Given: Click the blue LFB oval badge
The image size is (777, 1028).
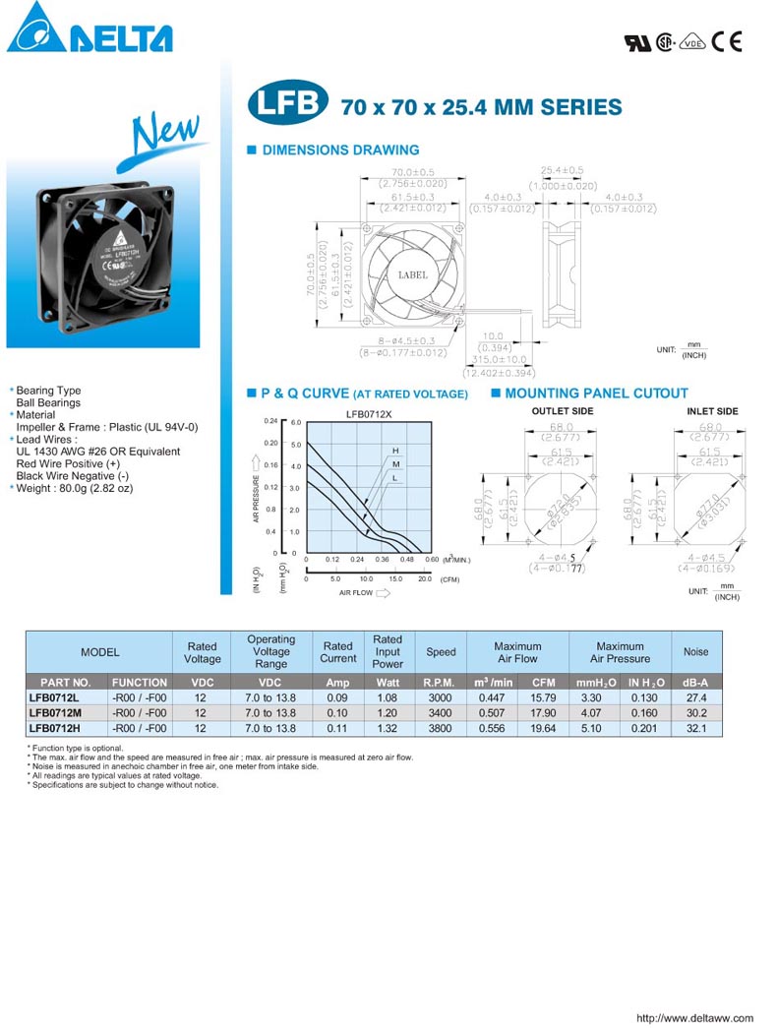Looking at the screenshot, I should (288, 105).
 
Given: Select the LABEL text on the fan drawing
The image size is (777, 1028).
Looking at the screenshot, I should (412, 274).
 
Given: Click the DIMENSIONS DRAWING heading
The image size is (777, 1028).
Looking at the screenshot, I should (339, 151).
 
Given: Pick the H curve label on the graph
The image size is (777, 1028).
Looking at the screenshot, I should (395, 450).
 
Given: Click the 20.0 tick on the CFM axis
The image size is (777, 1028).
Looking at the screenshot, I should (425, 579).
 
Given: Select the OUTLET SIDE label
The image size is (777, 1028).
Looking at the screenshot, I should (562, 411).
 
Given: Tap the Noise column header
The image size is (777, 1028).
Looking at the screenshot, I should (695, 651).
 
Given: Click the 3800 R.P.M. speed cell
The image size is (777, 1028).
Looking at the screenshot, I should (440, 728).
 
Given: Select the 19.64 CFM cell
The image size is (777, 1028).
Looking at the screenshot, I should (543, 728).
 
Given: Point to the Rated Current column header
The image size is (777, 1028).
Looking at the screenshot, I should (337, 651).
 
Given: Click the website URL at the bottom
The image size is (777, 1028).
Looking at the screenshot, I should (694, 1018).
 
